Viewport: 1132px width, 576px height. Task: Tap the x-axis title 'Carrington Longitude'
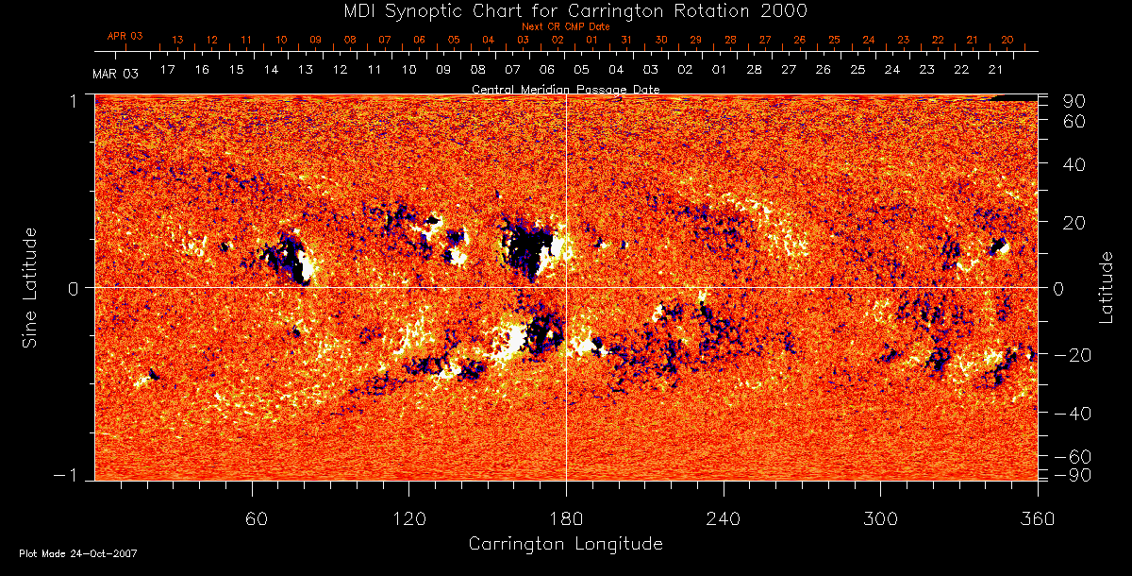[565, 544]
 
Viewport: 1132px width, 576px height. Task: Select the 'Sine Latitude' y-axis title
[30, 287]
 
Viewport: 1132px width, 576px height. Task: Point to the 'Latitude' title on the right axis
[1107, 287]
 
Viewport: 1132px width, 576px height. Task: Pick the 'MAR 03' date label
[116, 73]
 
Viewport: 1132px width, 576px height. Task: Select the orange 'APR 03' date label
[125, 36]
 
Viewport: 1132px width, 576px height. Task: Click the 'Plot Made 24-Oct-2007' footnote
[78, 553]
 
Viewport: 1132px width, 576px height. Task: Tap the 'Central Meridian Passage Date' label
[565, 89]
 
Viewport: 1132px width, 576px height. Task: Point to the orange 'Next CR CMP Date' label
[565, 26]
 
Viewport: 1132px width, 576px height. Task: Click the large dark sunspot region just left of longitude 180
[526, 247]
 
